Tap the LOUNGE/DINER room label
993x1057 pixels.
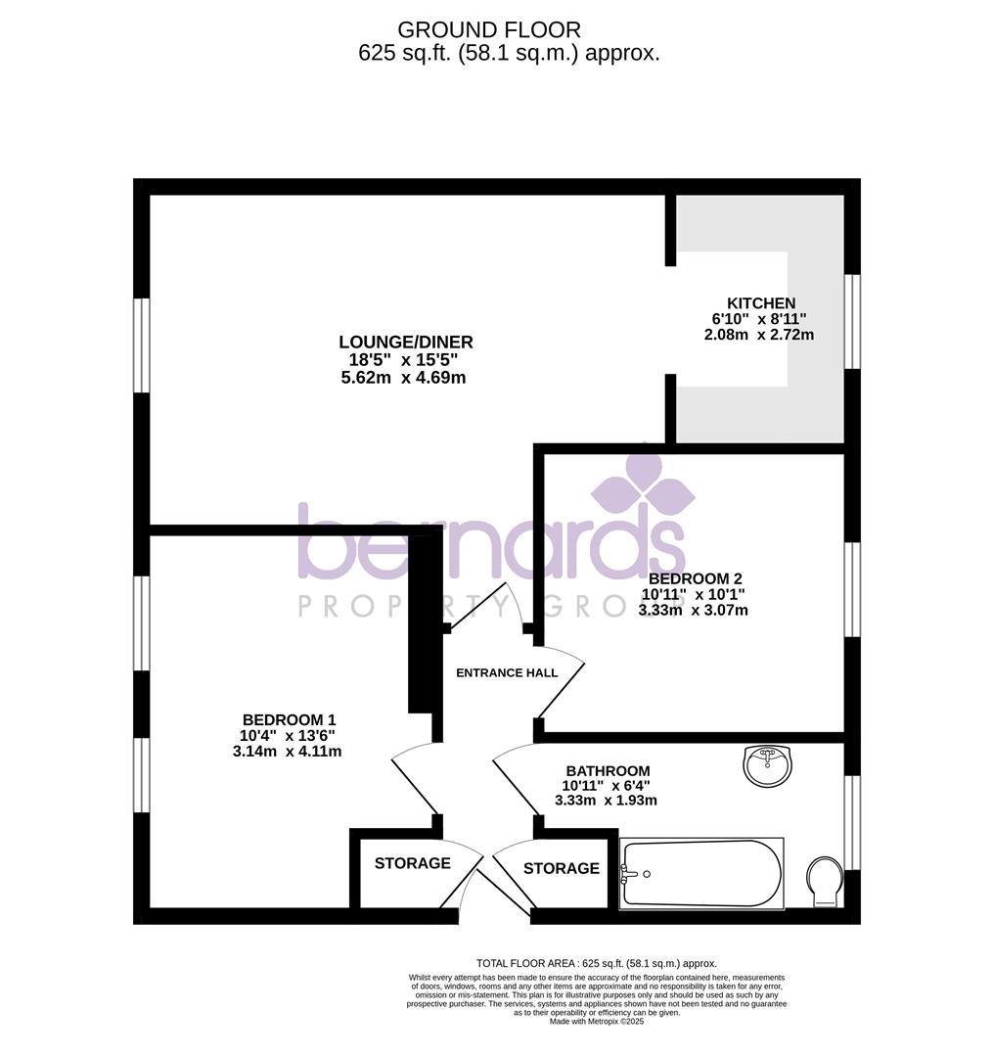click(405, 343)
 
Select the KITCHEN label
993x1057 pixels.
click(760, 303)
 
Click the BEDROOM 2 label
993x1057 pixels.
click(693, 578)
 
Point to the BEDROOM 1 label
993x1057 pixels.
click(283, 719)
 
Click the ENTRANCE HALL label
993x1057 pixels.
click(508, 672)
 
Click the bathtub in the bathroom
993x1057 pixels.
click(702, 873)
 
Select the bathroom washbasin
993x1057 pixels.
click(770, 765)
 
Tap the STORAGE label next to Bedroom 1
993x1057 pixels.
click(412, 863)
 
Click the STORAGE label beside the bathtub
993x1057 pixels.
click(561, 868)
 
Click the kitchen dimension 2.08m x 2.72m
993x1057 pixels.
click(758, 335)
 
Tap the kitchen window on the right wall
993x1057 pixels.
click(853, 321)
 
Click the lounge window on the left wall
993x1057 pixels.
click(142, 345)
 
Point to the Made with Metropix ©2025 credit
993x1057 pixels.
click(596, 1021)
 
